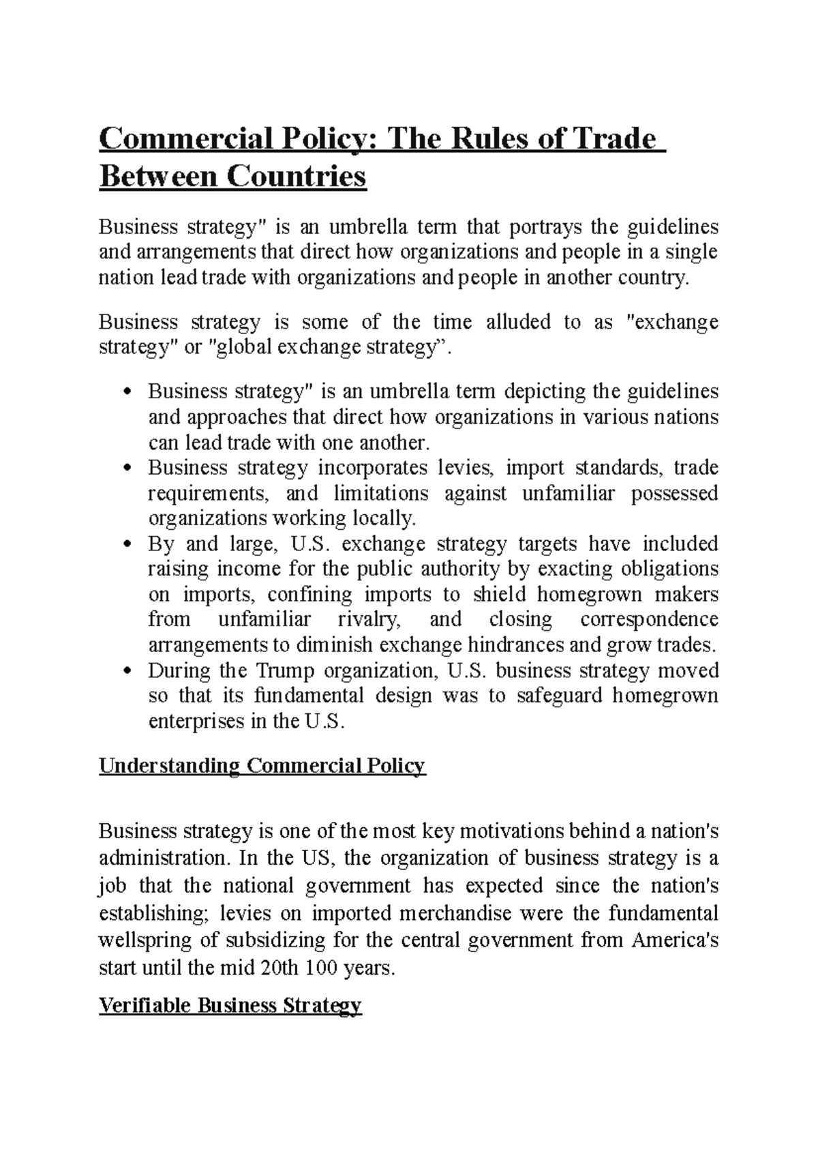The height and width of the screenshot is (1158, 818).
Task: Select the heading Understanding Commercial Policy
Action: coord(262,766)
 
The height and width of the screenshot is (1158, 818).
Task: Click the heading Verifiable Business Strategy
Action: coord(230,1005)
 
